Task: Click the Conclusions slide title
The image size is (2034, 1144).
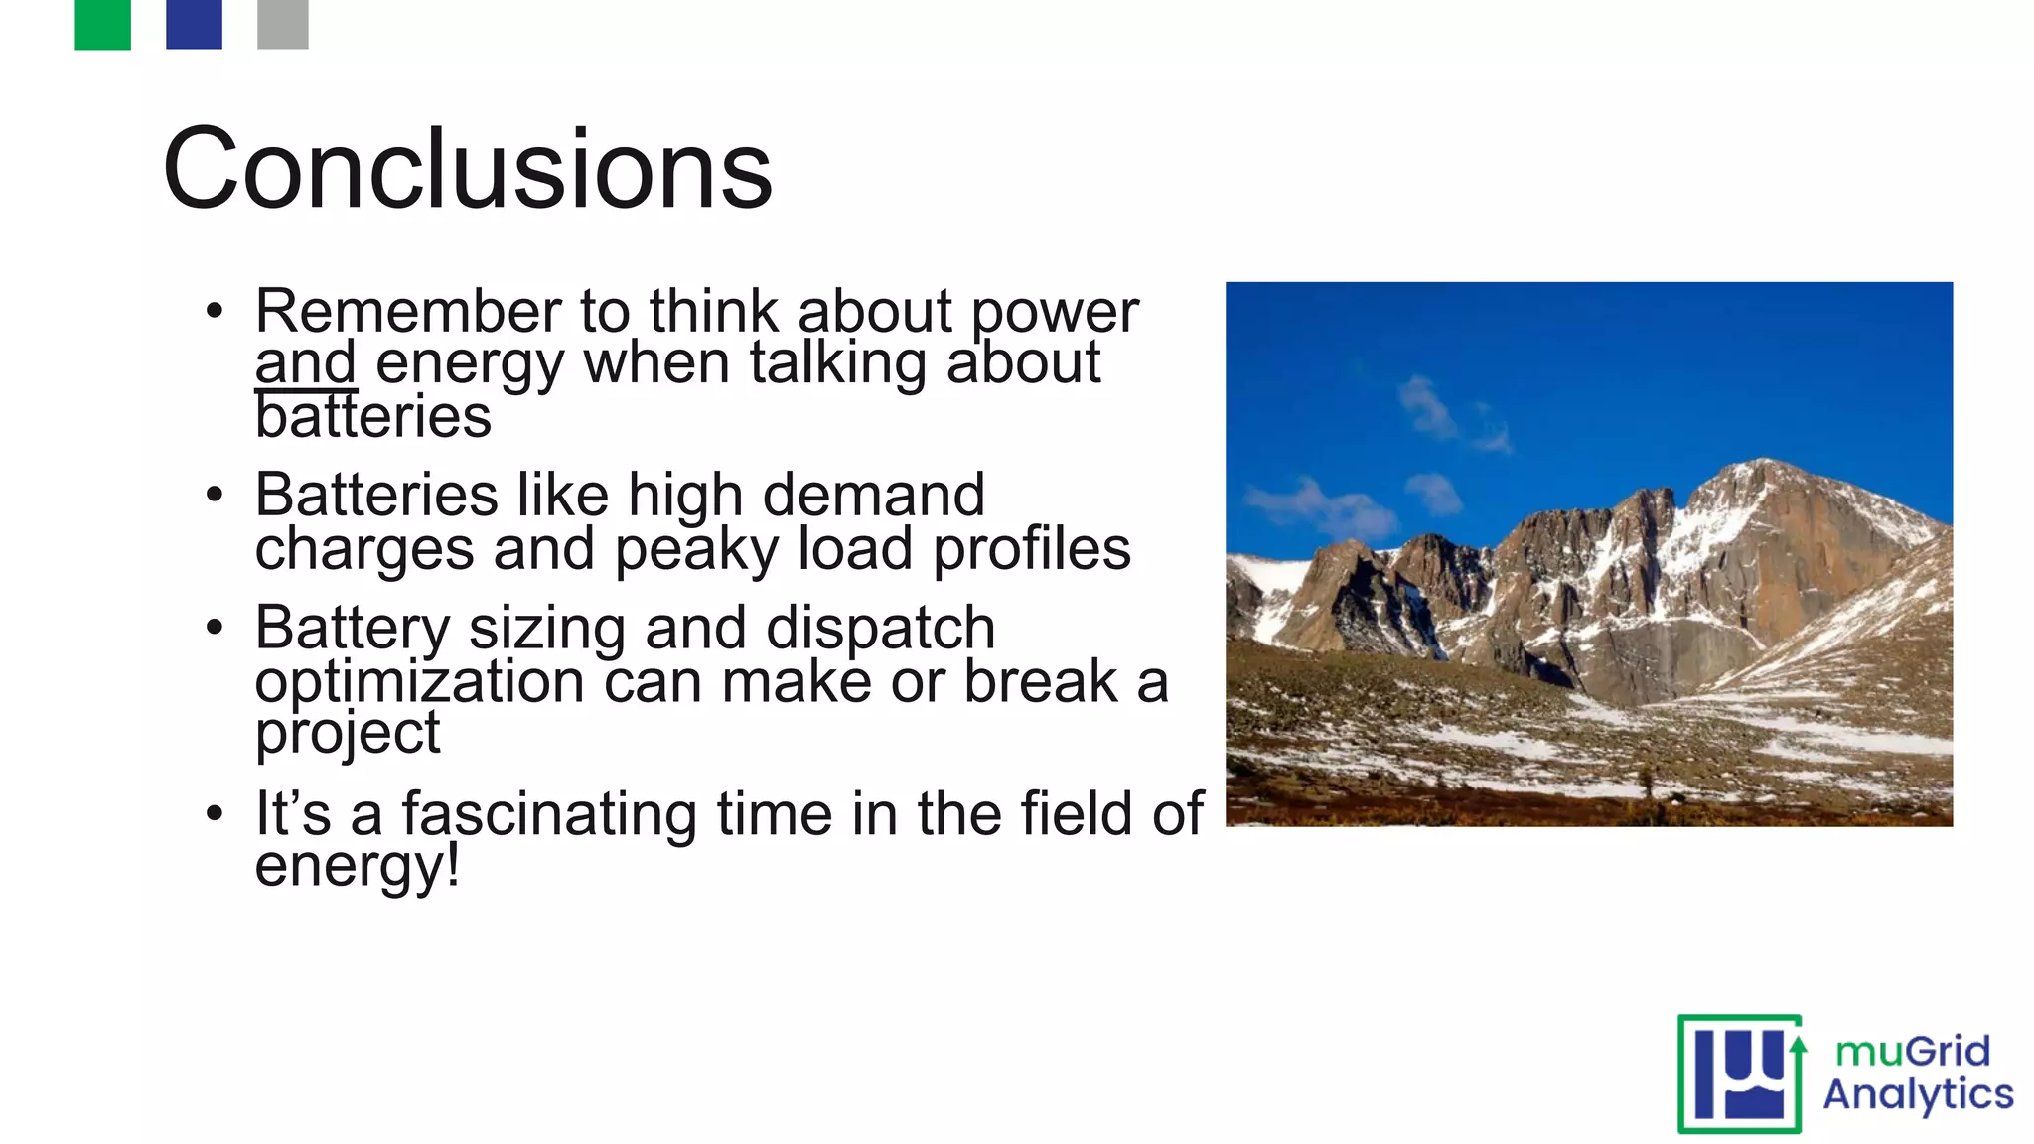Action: (467, 169)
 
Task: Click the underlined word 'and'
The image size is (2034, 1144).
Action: (305, 363)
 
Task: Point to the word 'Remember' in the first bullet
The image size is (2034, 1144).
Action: (408, 311)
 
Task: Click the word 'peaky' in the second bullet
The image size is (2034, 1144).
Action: (695, 549)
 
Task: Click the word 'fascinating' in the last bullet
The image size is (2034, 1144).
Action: (548, 814)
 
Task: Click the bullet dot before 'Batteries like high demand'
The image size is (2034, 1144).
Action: (215, 495)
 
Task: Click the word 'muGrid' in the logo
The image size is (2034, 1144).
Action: (1912, 1051)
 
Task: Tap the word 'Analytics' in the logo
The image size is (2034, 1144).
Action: (1918, 1095)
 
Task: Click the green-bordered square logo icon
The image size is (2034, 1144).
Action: (1740, 1073)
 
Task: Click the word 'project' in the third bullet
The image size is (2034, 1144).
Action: (347, 736)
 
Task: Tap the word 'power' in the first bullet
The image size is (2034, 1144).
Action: (1054, 313)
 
